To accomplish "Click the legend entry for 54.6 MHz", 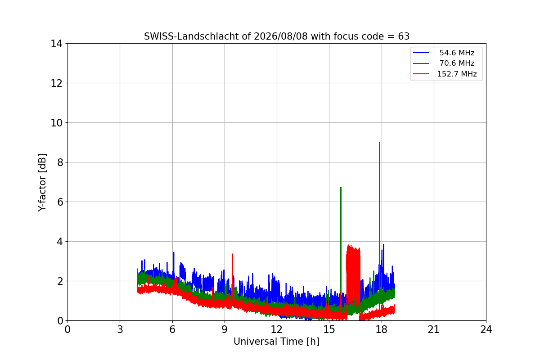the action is pyautogui.click(x=445, y=53).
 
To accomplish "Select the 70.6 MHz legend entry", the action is pyautogui.click(x=445, y=63).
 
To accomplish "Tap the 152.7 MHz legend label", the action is pyautogui.click(x=457, y=74).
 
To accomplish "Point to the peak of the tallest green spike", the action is pyautogui.click(x=379, y=143).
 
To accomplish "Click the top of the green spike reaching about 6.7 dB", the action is pyautogui.click(x=341, y=187).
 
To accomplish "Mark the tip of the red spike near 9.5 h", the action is pyautogui.click(x=233, y=254).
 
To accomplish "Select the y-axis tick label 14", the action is pyautogui.click(x=56, y=44).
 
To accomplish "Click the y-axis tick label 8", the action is pyautogui.click(x=60, y=162).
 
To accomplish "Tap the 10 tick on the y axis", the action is pyautogui.click(x=56, y=123).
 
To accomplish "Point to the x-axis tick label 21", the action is pyautogui.click(x=434, y=329).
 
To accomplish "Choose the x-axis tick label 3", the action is pyautogui.click(x=120, y=329).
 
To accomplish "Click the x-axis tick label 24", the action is pyautogui.click(x=486, y=329).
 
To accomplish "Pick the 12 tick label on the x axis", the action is pyautogui.click(x=277, y=329).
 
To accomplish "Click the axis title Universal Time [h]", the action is pyautogui.click(x=276, y=342).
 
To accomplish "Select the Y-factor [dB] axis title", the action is pyautogui.click(x=42, y=183).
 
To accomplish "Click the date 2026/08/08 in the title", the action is pyautogui.click(x=281, y=36).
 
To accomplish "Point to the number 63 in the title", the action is pyautogui.click(x=404, y=36).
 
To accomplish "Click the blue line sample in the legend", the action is pyautogui.click(x=421, y=53).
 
